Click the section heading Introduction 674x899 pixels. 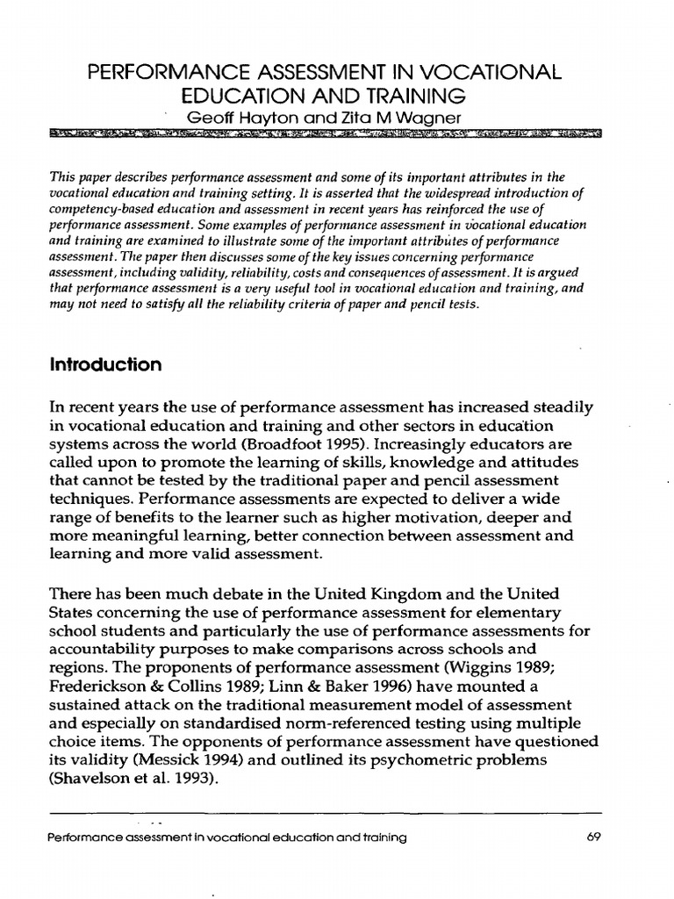[105, 365]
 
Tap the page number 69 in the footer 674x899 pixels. [592, 837]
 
